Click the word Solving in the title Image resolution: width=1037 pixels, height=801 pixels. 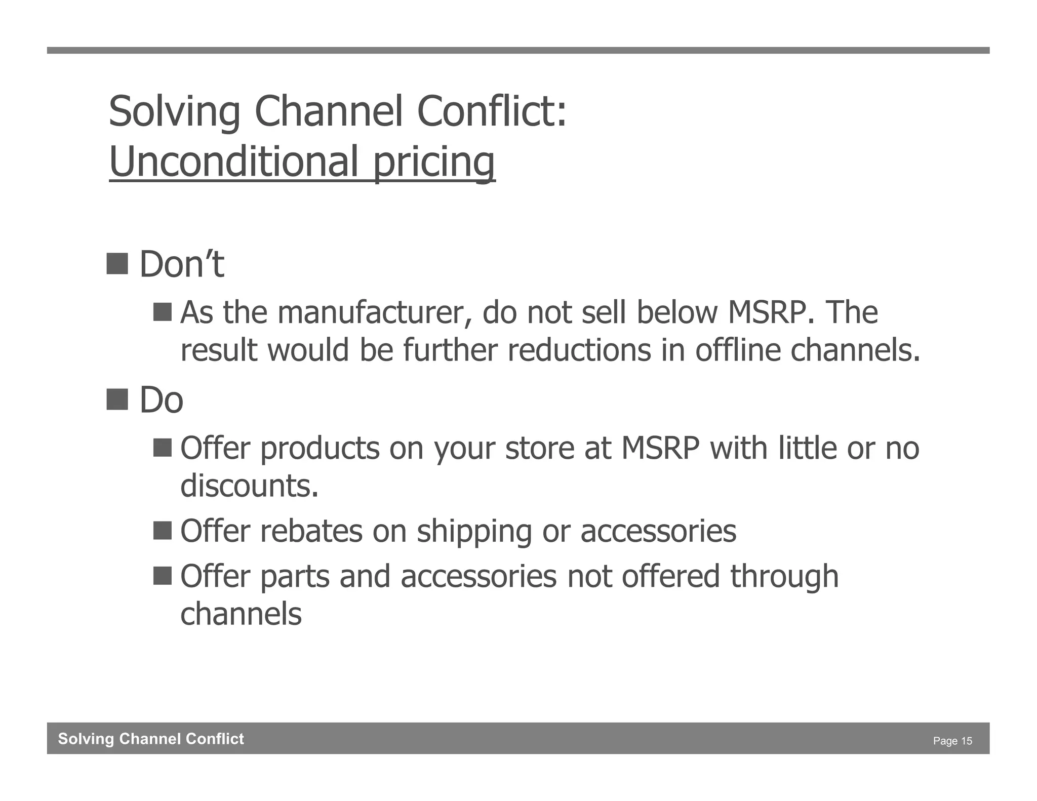coord(175,111)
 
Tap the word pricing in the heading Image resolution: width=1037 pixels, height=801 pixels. coord(434,162)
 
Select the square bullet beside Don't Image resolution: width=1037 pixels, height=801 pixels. coord(117,263)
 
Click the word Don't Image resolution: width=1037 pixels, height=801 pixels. coord(181,264)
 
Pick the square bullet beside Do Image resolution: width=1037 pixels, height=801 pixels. coord(117,399)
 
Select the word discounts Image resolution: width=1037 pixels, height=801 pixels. coord(249,486)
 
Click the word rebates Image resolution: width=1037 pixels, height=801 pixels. coord(311,531)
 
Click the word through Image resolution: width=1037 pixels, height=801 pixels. coord(784,577)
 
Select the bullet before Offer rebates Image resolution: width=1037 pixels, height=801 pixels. coord(163,531)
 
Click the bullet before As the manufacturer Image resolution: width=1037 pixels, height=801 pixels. coord(163,312)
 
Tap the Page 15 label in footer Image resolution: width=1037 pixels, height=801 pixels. coord(952,741)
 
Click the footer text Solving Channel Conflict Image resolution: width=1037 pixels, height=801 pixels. coord(151,739)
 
